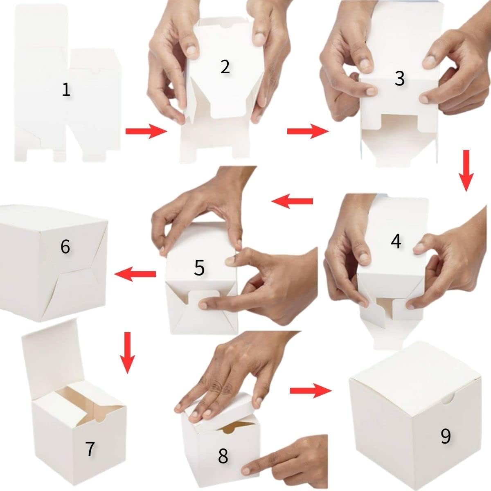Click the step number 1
[x=66, y=90]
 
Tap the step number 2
[x=225, y=67]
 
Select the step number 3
[x=399, y=79]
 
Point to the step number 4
[x=396, y=241]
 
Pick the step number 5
[x=199, y=268]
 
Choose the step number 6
[x=65, y=247]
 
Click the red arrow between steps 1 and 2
[x=146, y=131]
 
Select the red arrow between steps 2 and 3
[x=308, y=131]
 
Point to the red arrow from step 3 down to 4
[x=466, y=171]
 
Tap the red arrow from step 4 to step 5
[x=292, y=201]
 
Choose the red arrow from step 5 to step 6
[x=135, y=274]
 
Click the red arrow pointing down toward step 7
[x=127, y=353]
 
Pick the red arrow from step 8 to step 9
[x=311, y=391]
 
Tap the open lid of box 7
[x=50, y=354]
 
